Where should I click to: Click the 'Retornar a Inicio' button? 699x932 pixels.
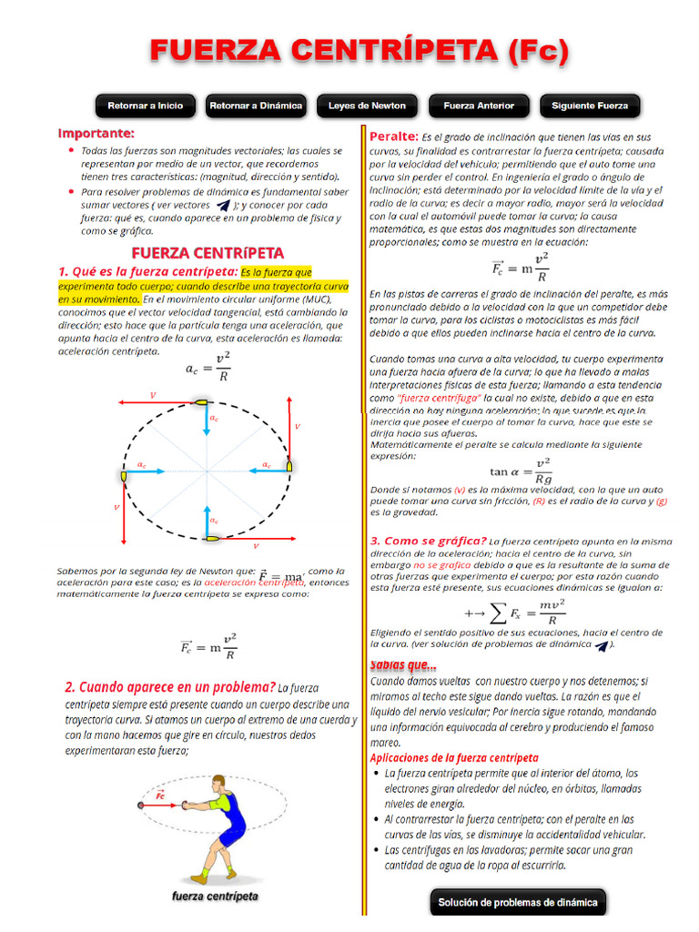(x=145, y=106)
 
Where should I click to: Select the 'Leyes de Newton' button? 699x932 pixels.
(x=367, y=106)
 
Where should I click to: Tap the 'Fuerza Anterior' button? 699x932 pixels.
(x=479, y=106)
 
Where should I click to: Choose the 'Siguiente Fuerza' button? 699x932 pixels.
(x=590, y=106)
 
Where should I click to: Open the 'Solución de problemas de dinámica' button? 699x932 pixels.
(x=518, y=903)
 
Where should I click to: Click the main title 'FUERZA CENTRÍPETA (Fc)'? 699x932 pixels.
(x=360, y=51)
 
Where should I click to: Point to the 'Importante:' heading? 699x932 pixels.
(x=96, y=133)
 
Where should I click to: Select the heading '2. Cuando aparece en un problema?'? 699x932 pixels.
(x=170, y=686)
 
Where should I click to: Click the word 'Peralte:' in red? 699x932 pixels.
(x=393, y=137)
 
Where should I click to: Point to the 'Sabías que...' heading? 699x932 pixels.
(x=403, y=664)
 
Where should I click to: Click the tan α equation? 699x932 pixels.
(x=521, y=471)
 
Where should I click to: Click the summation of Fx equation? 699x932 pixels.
(x=515, y=612)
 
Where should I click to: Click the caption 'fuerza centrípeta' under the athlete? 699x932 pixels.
(x=215, y=897)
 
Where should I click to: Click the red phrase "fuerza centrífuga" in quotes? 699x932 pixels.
(x=439, y=398)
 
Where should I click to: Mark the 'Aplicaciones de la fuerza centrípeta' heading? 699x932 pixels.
(x=454, y=757)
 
